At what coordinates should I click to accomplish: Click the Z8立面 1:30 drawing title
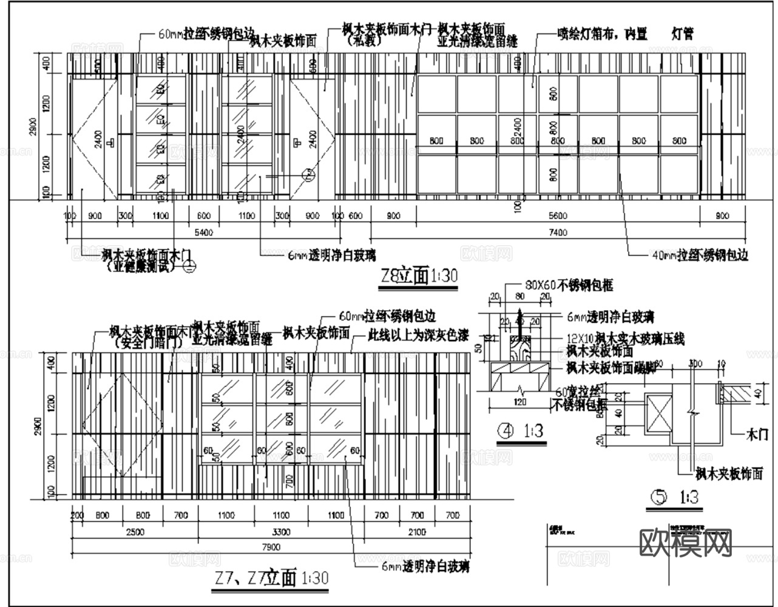(x=418, y=277)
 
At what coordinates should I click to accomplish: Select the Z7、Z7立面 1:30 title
(x=272, y=577)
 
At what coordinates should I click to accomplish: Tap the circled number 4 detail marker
(x=504, y=430)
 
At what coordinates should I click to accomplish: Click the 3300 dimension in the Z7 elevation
(x=280, y=532)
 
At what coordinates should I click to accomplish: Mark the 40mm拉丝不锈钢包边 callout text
(x=700, y=256)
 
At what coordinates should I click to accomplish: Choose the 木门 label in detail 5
(x=756, y=434)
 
